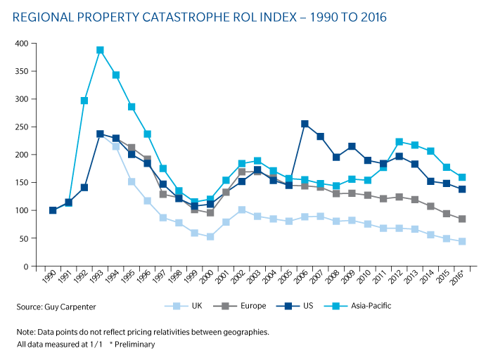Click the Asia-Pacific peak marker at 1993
click(100, 50)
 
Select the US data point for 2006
click(305, 124)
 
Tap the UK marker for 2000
click(210, 236)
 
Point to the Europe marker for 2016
click(462, 219)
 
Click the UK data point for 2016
click(462, 241)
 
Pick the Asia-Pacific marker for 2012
click(399, 142)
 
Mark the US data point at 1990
click(53, 210)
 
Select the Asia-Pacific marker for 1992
click(84, 101)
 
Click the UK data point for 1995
click(132, 181)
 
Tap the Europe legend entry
click(240, 306)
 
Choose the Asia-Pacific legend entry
click(357, 306)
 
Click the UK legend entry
click(183, 306)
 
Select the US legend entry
click(295, 306)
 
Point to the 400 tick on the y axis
click(33, 44)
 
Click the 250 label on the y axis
click(21, 127)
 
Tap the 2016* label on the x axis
click(457, 276)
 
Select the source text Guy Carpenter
click(70, 307)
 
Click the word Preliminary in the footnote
click(134, 345)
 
